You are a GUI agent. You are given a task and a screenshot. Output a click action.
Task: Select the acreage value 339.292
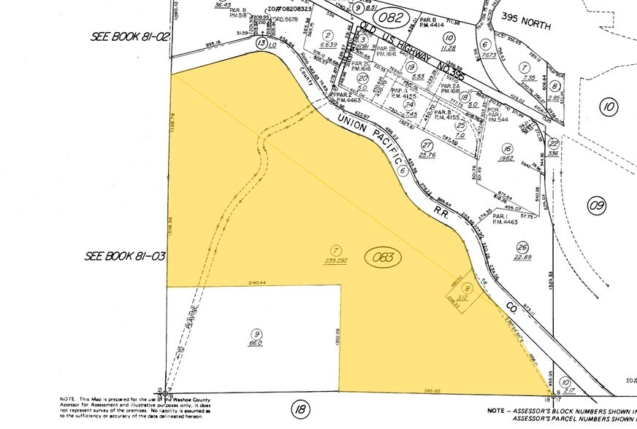click(335, 259)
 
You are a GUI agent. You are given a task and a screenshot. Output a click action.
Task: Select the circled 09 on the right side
click(597, 206)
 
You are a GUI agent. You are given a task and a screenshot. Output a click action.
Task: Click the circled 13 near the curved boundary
click(262, 43)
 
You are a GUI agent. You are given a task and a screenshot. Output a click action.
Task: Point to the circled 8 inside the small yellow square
click(468, 287)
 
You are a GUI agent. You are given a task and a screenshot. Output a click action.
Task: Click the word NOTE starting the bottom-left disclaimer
click(66, 398)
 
